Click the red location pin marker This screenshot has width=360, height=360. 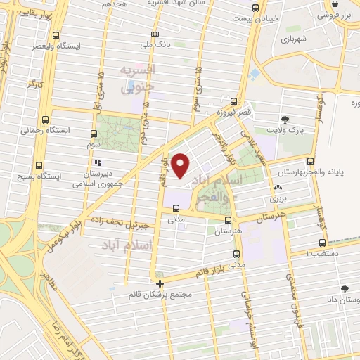click(181, 166)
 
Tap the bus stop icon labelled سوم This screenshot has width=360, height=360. click(95, 133)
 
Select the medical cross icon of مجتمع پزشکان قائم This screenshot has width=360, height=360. click(160, 284)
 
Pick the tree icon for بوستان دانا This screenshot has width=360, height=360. click(344, 288)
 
